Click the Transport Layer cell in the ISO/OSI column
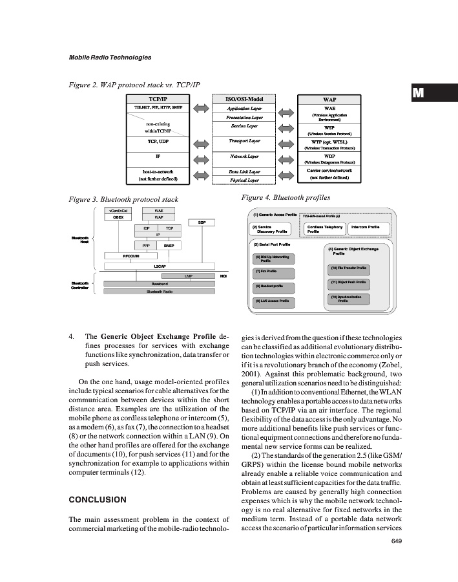click(x=244, y=140)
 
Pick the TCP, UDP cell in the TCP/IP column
click(x=158, y=140)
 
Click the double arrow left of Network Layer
click(x=200, y=156)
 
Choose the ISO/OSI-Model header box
click(x=244, y=100)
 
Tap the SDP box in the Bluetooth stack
click(x=202, y=222)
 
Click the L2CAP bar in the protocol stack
click(x=159, y=265)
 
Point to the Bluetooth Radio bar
click(x=159, y=292)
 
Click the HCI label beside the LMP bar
click(x=224, y=276)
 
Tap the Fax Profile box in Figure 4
click(x=274, y=271)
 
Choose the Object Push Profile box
click(x=348, y=282)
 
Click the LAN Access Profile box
click(x=274, y=301)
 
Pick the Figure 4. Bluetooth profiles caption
click(x=281, y=197)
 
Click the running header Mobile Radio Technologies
click(x=110, y=58)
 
